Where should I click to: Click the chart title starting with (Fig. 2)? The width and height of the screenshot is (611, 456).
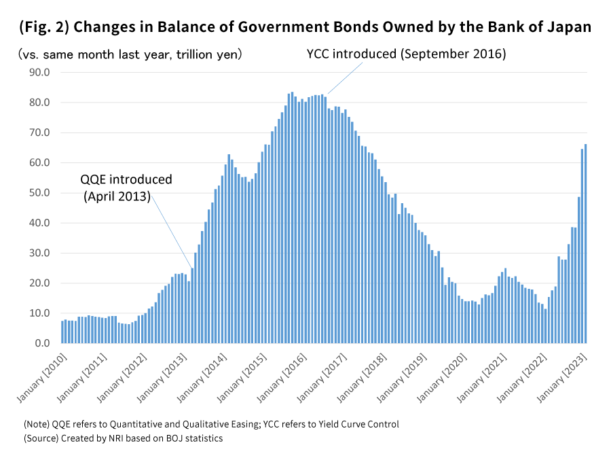tap(305, 27)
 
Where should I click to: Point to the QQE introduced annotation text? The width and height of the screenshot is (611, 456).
tap(126, 180)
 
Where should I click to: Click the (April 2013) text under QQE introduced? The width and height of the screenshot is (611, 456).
tap(117, 197)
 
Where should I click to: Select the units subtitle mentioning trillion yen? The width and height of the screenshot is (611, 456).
tap(130, 54)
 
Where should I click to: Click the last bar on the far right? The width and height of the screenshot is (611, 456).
tap(586, 245)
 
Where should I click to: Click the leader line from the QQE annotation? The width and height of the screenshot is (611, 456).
tap(171, 231)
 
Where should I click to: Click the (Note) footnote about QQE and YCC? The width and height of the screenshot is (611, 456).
tap(211, 424)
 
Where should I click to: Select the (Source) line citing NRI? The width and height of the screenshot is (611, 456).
tap(123, 438)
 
